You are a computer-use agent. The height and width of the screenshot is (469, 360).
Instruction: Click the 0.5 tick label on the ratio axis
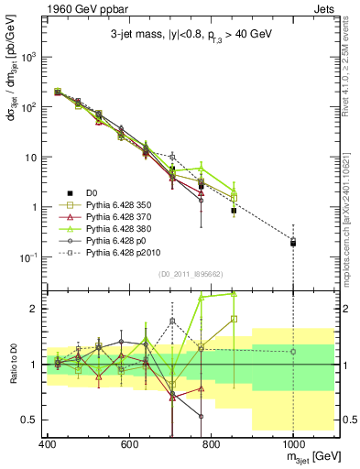[28, 420]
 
